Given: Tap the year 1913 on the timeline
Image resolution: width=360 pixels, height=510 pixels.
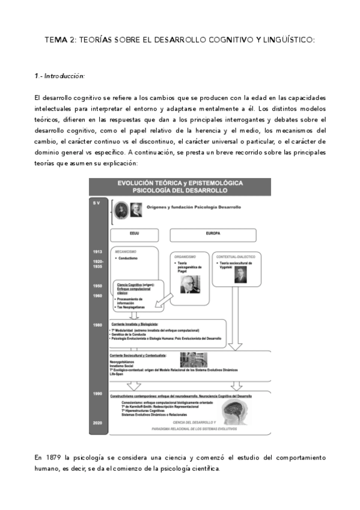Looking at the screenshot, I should pyautogui.click(x=98, y=251).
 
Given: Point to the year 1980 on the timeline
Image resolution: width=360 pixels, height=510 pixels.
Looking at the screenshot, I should pyautogui.click(x=98, y=325).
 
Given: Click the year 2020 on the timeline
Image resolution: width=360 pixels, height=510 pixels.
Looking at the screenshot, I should pyautogui.click(x=98, y=423).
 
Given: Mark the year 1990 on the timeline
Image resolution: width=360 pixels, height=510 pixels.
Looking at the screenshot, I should pyautogui.click(x=98, y=393).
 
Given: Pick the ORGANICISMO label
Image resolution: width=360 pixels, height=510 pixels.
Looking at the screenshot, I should pyautogui.click(x=184, y=256).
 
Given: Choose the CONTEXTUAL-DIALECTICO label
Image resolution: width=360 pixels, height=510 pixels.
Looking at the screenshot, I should pyautogui.click(x=236, y=255).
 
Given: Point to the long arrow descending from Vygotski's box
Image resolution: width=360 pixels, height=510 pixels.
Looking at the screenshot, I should pyautogui.click(x=239, y=325).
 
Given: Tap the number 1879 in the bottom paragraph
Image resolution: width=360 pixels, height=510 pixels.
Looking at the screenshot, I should pyautogui.click(x=55, y=458).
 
